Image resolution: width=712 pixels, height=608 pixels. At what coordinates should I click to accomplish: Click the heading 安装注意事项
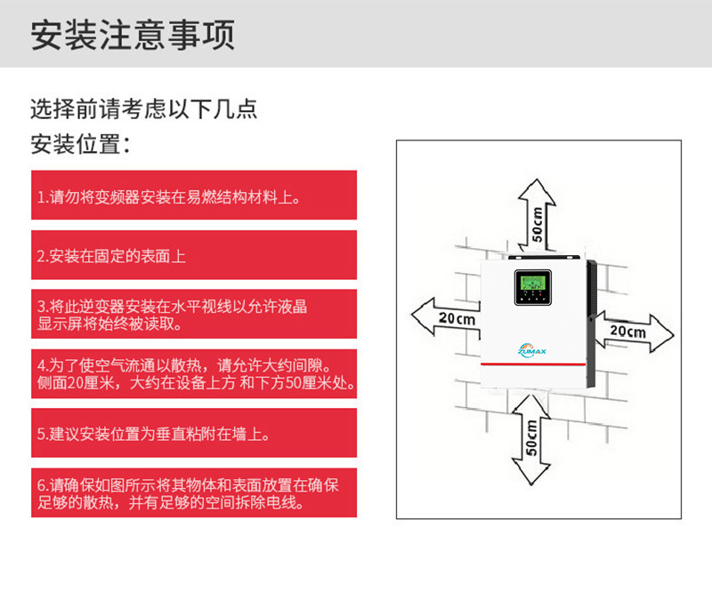133,35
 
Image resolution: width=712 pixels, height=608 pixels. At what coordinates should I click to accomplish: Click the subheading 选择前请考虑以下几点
143,109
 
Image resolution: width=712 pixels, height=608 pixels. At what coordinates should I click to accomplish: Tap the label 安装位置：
81,144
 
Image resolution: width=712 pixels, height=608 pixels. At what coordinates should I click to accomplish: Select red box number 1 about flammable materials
194,196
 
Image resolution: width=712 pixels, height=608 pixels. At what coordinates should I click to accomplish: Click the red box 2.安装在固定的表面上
194,255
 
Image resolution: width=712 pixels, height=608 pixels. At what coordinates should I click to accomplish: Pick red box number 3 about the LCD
194,315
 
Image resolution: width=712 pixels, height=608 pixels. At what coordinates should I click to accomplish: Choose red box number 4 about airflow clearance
194,374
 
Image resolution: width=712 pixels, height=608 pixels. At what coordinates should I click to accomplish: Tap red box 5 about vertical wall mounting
194,434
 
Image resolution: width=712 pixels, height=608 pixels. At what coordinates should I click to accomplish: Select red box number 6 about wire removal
194,493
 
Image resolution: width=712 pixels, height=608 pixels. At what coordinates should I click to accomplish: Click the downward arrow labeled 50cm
531,440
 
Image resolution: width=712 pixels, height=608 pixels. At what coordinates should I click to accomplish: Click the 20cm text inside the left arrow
457,317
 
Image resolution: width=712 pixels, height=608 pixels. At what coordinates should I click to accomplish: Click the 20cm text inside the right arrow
627,330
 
